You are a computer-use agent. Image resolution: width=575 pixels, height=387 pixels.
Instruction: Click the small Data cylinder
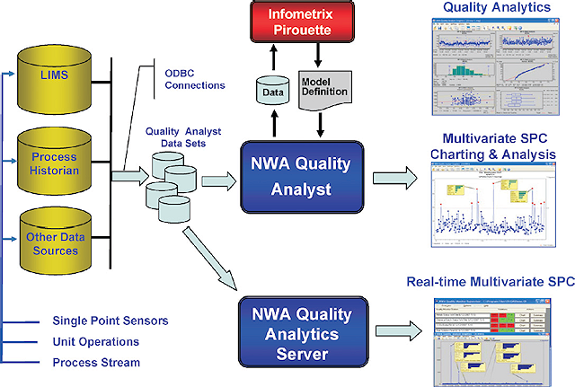pyautogui.click(x=270, y=90)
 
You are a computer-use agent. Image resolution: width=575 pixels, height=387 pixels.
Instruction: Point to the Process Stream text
pyautogui.click(x=96, y=362)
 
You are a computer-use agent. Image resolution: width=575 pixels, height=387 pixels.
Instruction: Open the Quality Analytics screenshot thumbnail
pyautogui.click(x=501, y=71)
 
